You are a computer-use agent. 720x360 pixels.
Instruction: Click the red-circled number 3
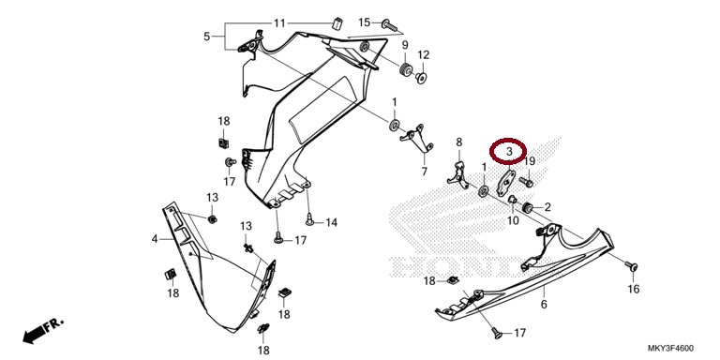508,151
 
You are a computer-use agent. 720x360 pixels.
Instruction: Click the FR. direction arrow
43,331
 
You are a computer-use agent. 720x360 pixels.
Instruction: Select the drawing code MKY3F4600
672,348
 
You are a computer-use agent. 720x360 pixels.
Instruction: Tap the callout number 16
633,289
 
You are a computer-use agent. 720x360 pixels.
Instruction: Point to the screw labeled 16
631,265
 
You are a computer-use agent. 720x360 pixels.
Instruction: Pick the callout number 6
544,304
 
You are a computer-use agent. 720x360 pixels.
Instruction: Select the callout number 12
423,55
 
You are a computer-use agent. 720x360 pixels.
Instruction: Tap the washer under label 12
421,79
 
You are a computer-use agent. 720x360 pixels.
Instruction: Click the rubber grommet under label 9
405,71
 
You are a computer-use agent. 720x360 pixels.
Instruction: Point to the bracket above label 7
417,139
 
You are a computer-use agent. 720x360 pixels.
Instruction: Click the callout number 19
530,160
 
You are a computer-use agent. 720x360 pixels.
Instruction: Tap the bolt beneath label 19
526,183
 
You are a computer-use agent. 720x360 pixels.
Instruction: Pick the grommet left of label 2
528,207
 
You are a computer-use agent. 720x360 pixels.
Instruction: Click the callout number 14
331,223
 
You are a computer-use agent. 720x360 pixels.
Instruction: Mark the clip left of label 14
310,220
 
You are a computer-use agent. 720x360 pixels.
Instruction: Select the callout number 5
206,36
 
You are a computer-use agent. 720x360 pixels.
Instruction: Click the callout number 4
155,239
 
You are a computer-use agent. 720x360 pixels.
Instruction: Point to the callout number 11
279,22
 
